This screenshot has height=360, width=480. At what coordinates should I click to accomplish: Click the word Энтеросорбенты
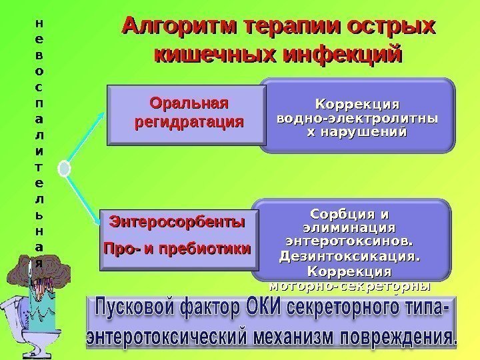(177, 221)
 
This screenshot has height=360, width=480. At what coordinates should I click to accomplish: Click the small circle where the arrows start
(65, 169)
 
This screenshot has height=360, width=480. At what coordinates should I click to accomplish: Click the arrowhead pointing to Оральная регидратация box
(102, 113)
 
